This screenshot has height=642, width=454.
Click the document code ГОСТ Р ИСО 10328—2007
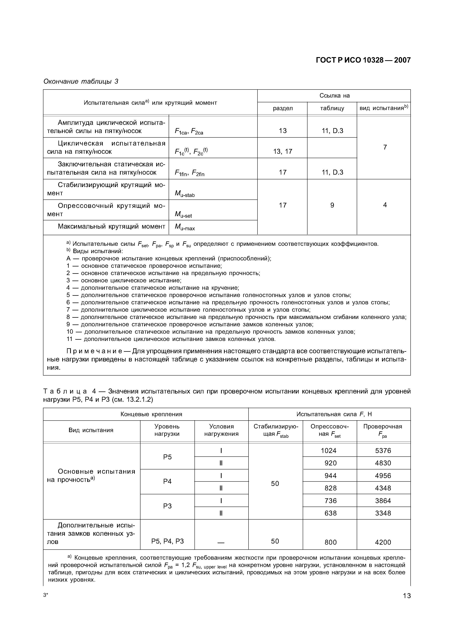coord(363,60)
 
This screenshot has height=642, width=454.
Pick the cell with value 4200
coord(383,542)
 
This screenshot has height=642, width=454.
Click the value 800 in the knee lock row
coord(330,542)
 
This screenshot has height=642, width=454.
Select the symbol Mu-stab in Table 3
coord(185,194)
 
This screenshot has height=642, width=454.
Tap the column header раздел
coord(283,108)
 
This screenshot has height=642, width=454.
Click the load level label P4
coord(167,481)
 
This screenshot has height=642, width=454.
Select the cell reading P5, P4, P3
coord(167,541)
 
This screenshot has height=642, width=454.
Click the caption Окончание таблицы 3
coord(81,81)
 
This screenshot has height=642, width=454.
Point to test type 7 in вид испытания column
coord(385,147)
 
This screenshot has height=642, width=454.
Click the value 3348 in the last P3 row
coord(383,513)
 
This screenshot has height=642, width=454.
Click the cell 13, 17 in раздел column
coord(283,152)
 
